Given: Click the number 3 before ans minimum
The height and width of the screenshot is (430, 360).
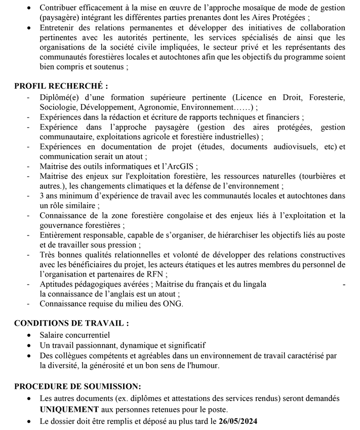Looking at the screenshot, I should [x=42, y=196].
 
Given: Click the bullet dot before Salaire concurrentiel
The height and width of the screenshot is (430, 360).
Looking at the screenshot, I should [x=32, y=335].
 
